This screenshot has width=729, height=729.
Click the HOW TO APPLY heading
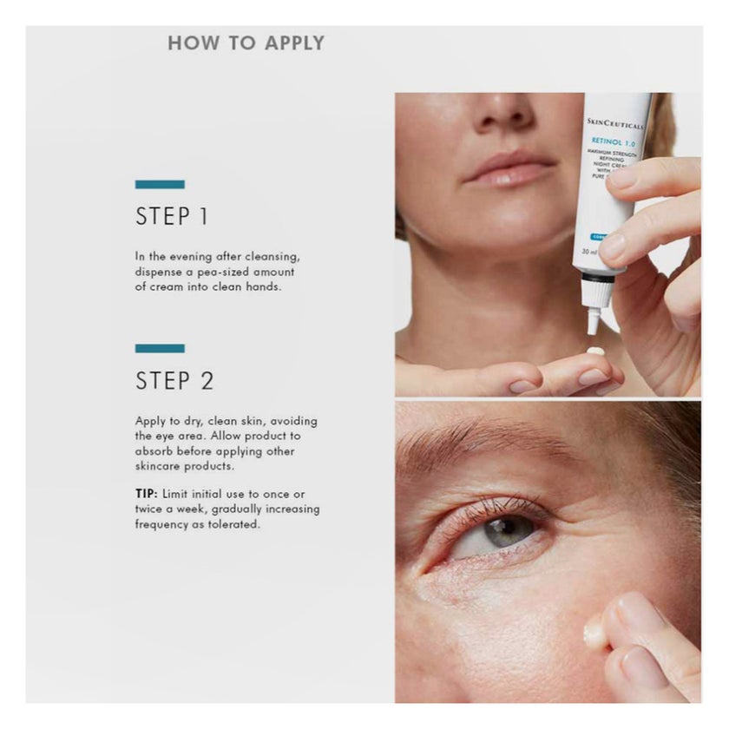click(x=246, y=43)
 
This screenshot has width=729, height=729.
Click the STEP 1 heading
click(x=172, y=217)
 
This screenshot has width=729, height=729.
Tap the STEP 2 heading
click(x=174, y=381)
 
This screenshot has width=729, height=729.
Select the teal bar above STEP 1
click(x=160, y=184)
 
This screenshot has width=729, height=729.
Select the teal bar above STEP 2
click(x=160, y=348)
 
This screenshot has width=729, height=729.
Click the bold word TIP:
click(x=146, y=493)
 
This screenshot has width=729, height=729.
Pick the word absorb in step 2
click(x=154, y=451)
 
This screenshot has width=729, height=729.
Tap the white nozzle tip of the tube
click(x=594, y=322)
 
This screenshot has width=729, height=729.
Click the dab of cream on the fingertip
click(x=595, y=351)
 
